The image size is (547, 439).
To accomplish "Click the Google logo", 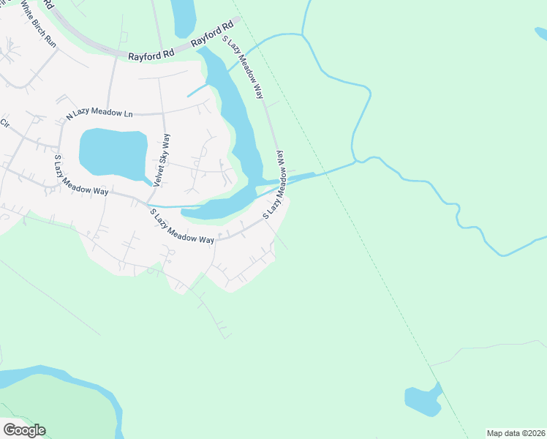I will click(x=24, y=430).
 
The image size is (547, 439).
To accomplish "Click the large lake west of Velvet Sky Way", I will click(x=113, y=152).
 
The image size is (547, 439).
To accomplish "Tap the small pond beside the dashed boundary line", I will click(x=423, y=400).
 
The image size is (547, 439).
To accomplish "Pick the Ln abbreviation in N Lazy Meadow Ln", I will click(x=128, y=113).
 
